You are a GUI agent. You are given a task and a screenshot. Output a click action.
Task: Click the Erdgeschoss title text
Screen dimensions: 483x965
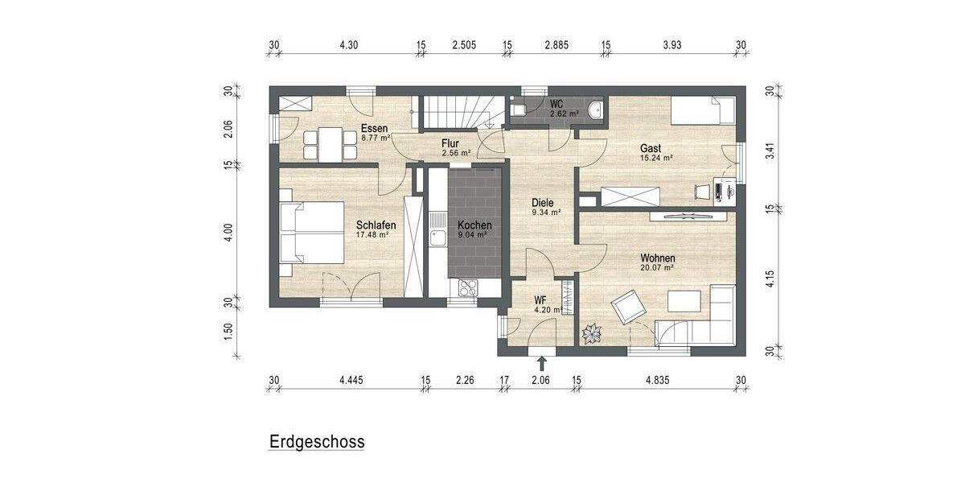(x=317, y=442)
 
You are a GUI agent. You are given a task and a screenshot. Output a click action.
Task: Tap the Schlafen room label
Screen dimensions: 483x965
(x=376, y=225)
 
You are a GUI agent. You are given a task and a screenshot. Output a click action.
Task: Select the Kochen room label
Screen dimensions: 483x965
(x=474, y=225)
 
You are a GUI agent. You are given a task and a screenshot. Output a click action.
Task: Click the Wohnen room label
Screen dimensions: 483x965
(x=657, y=258)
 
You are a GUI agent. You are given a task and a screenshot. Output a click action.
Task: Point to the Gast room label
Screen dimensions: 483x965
(x=651, y=148)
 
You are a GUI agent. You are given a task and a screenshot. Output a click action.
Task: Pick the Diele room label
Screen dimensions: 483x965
(x=544, y=203)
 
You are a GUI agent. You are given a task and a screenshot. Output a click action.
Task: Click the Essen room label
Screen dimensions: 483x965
(x=374, y=129)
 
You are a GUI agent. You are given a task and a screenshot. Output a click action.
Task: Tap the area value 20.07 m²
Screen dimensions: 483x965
(x=657, y=268)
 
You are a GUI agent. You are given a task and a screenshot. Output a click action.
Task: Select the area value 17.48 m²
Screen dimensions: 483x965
(x=373, y=235)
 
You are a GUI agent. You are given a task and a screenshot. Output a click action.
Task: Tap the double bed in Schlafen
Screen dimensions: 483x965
(x=312, y=233)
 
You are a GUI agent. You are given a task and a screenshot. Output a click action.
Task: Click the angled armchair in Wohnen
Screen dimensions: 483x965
(x=627, y=307)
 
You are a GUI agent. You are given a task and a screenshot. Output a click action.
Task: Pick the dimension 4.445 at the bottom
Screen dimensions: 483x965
(x=351, y=380)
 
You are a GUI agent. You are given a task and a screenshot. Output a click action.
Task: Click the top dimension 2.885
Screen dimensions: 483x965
(x=556, y=45)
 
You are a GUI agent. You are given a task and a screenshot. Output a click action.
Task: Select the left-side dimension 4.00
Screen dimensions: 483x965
(x=228, y=233)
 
